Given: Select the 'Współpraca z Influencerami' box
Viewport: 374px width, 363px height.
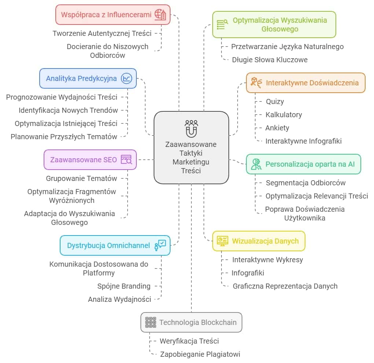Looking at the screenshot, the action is (113, 15).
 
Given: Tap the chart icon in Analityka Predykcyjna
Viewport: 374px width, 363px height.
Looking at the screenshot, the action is (126, 78).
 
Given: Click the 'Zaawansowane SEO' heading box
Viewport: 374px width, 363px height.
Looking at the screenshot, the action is (90, 160).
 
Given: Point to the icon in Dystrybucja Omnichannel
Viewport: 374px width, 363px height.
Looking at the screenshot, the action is (160, 245).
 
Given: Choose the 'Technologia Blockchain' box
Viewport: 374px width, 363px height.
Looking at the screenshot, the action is (191, 322).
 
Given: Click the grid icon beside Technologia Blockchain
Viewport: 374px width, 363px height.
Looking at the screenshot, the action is (151, 322).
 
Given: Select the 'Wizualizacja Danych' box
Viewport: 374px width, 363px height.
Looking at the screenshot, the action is (259, 241).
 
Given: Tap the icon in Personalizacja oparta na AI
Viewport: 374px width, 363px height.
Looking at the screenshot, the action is (256, 164).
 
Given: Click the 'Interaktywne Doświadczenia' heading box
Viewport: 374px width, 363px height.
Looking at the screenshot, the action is (306, 83).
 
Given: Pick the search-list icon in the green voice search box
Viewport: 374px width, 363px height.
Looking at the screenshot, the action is (222, 25).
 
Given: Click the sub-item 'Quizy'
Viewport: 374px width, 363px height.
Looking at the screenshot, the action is (275, 101).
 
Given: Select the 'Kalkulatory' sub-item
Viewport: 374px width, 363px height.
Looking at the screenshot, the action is (284, 115).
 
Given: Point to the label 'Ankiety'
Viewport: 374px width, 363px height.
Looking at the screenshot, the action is (277, 128).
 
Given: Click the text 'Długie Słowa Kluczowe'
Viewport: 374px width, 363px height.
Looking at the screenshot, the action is (270, 60).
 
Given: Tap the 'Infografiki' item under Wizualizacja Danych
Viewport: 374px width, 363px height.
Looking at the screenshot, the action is (248, 273).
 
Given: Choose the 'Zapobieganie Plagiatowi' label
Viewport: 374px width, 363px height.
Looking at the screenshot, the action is (200, 354).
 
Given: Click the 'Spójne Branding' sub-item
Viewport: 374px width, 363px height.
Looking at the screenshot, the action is (124, 286).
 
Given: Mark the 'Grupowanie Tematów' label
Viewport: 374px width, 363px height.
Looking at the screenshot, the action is (81, 178).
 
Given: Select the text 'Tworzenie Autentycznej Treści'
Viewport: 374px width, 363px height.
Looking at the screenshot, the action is (102, 33).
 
